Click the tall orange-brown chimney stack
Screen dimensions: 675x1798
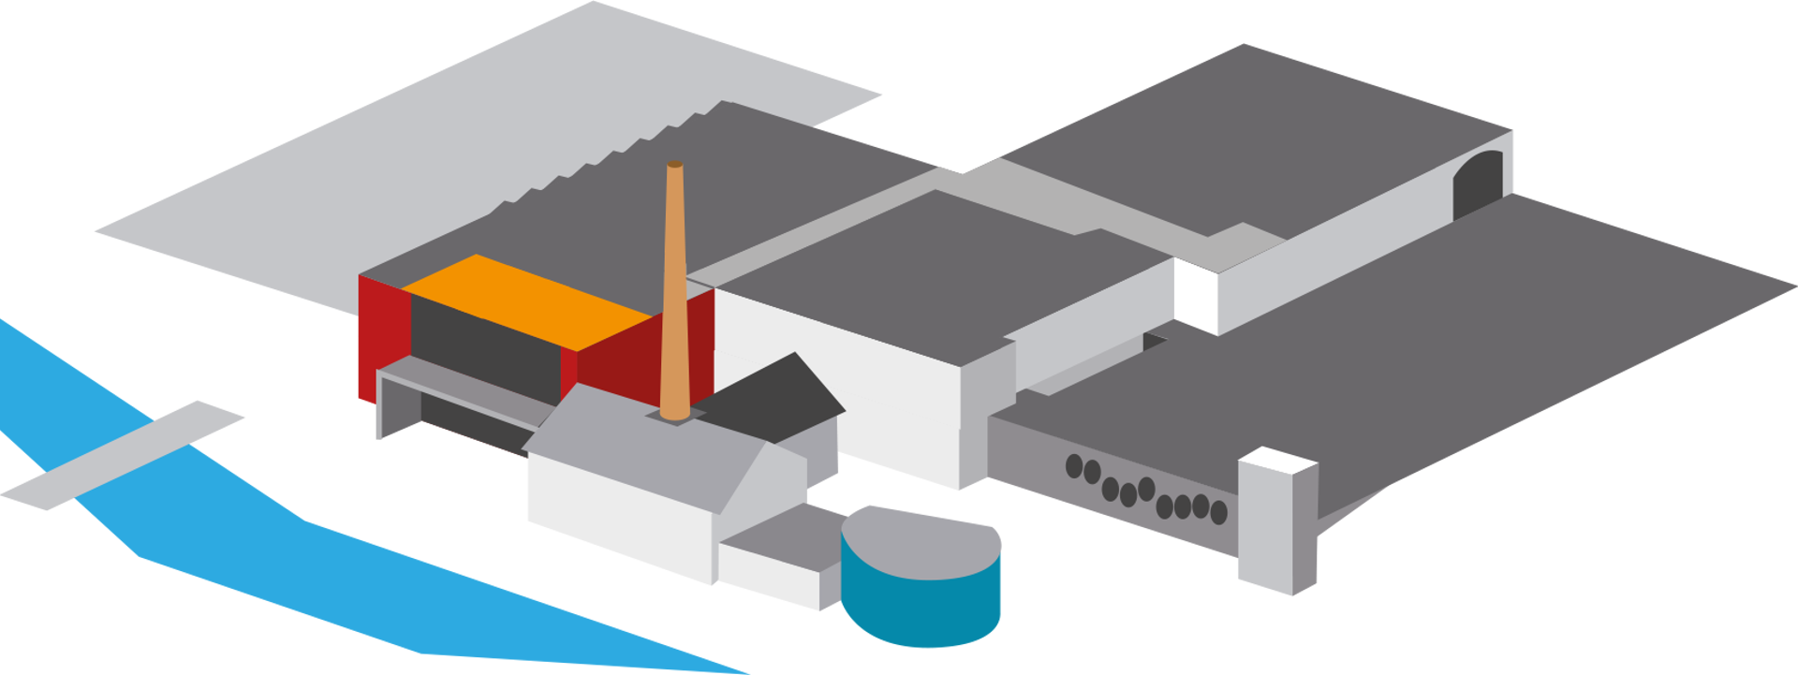(674, 290)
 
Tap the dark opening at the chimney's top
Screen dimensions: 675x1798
(674, 165)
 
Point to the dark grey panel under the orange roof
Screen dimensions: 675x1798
(482, 346)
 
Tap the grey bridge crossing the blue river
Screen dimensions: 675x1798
(122, 459)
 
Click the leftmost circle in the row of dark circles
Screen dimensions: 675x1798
(1074, 465)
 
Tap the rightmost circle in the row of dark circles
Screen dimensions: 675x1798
(1218, 512)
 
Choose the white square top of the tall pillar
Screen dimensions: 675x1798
(1278, 460)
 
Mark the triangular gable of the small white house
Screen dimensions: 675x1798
(763, 477)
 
